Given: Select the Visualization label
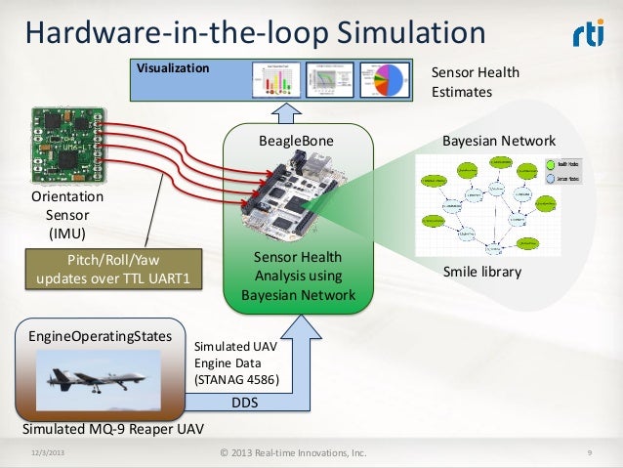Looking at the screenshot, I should point(172,68).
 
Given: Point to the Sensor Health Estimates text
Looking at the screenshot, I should point(476,82).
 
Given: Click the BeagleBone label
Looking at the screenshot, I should point(296,142).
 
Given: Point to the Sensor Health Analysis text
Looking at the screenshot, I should point(297,277).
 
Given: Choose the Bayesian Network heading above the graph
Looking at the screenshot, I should point(498,142).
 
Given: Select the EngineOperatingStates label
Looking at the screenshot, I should point(94,335).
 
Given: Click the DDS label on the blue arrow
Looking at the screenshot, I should point(245,403).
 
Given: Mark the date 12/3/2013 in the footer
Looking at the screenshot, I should point(49,452).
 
